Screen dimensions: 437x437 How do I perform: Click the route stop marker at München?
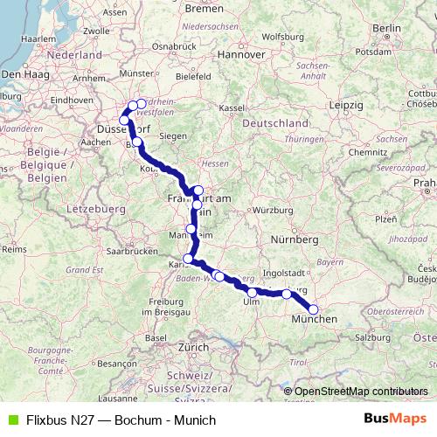pos(314,309)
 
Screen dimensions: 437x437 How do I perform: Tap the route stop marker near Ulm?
pos(253,293)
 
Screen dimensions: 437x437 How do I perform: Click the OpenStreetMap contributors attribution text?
pos(361,391)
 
